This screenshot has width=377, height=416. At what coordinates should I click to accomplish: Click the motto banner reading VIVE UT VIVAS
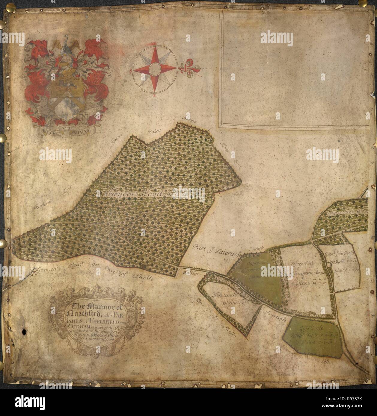point(66,130)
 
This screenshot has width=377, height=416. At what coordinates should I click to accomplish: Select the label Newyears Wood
point(132,194)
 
